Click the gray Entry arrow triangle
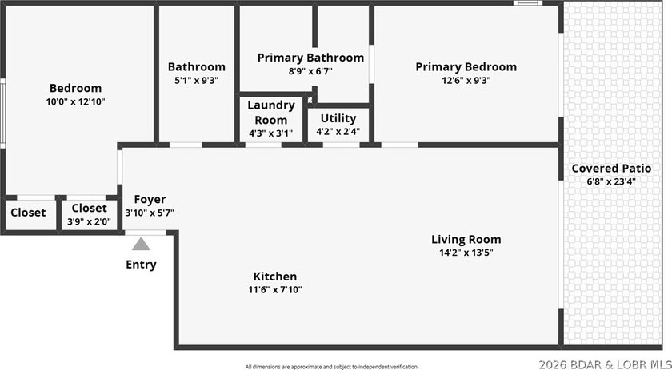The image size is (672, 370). click(x=141, y=244)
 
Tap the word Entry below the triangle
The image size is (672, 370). click(x=141, y=265)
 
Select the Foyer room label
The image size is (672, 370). click(x=150, y=200)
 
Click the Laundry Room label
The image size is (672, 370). click(x=271, y=113)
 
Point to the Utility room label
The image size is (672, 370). click(x=338, y=118)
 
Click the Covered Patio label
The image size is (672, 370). click(x=611, y=169)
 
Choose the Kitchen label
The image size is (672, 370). click(x=275, y=277)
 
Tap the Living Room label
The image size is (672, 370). click(x=466, y=240)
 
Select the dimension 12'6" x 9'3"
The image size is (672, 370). click(x=466, y=80)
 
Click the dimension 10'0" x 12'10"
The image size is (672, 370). click(x=75, y=102)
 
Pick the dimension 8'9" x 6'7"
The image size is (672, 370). click(x=310, y=71)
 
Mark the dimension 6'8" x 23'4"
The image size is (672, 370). click(x=611, y=181)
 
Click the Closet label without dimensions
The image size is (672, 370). click(x=28, y=213)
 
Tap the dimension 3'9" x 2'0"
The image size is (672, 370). click(x=89, y=222)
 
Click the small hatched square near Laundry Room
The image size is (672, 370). click(x=310, y=100)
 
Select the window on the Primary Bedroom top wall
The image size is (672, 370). click(x=528, y=3)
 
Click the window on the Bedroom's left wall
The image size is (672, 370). click(x=2, y=113)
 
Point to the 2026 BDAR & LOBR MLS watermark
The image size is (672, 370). click(x=605, y=365)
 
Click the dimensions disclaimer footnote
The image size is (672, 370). click(x=331, y=367)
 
